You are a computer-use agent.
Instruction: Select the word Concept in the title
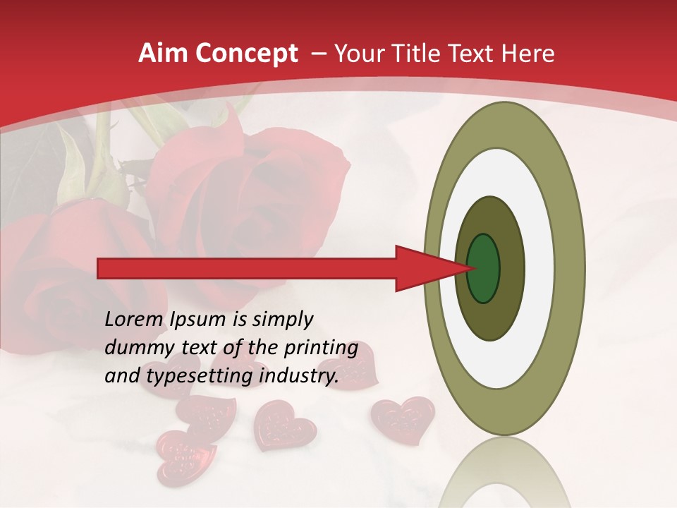pos(245,54)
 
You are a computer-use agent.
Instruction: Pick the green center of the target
pos(483,269)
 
